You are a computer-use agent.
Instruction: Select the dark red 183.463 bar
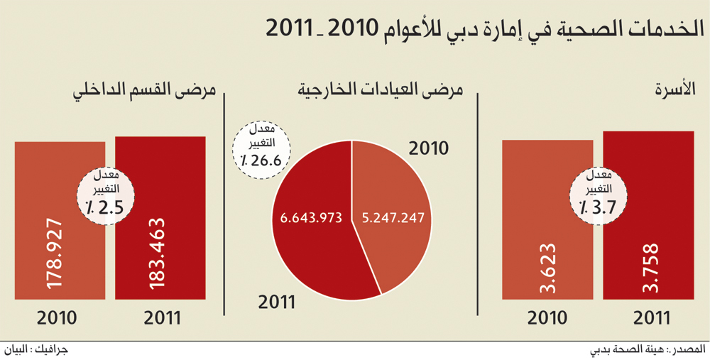[160, 218]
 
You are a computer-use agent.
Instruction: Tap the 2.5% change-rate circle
[106, 196]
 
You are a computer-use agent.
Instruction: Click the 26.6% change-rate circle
[261, 147]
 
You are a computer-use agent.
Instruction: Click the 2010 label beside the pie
[428, 148]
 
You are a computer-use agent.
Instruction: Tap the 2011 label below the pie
[277, 302]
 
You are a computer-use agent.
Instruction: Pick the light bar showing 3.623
[547, 219]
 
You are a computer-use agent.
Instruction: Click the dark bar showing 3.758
[648, 215]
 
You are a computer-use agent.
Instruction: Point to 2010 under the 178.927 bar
[57, 318]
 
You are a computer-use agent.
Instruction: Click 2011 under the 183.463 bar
[163, 318]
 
